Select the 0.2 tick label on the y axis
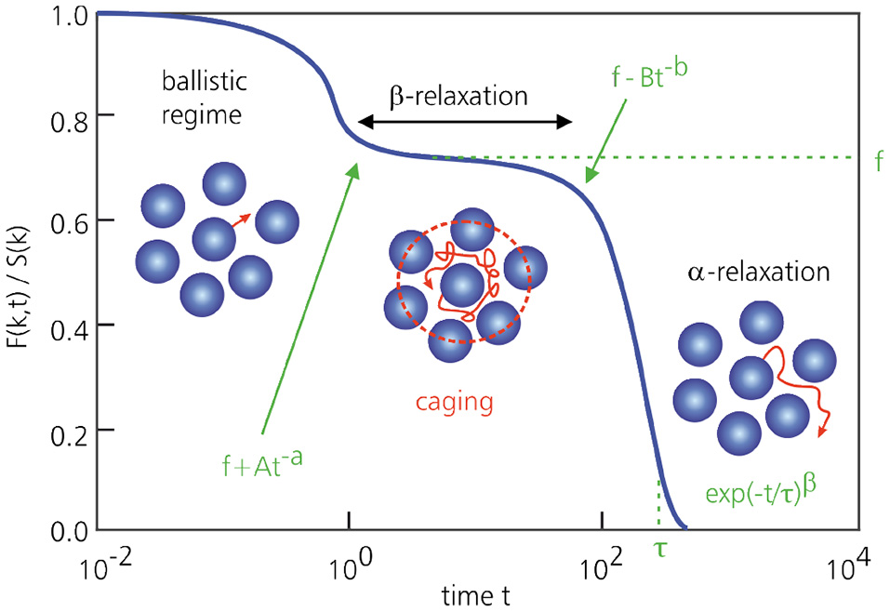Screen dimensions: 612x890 [68, 431]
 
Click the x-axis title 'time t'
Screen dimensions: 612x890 [474, 593]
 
